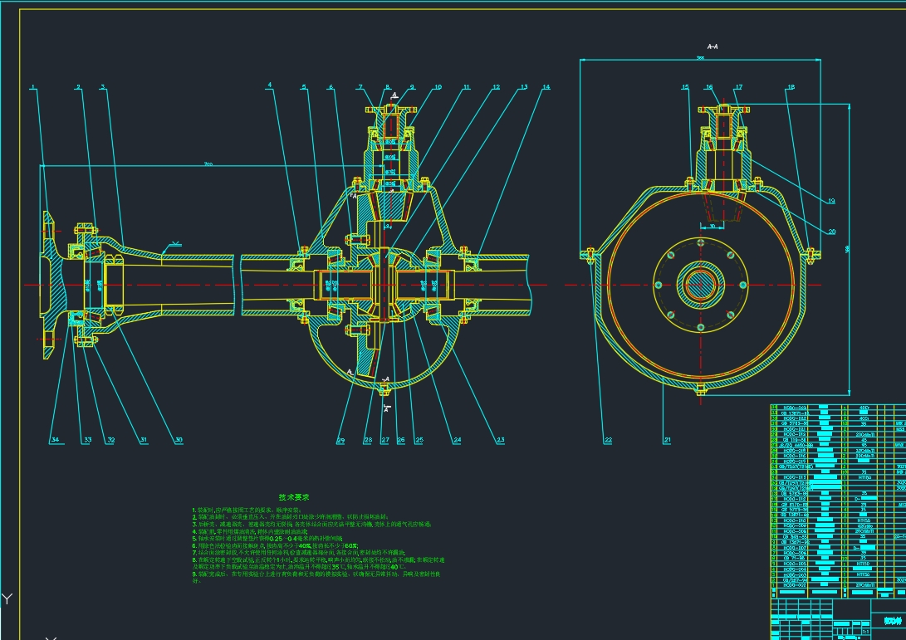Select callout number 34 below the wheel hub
click(55, 439)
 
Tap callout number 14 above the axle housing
click(546, 86)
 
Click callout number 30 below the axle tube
click(178, 439)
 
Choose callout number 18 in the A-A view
click(791, 86)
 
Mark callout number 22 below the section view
click(608, 439)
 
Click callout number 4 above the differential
click(270, 86)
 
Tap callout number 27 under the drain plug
click(385, 439)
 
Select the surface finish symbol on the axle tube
click(174, 245)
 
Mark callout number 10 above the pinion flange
click(438, 86)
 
